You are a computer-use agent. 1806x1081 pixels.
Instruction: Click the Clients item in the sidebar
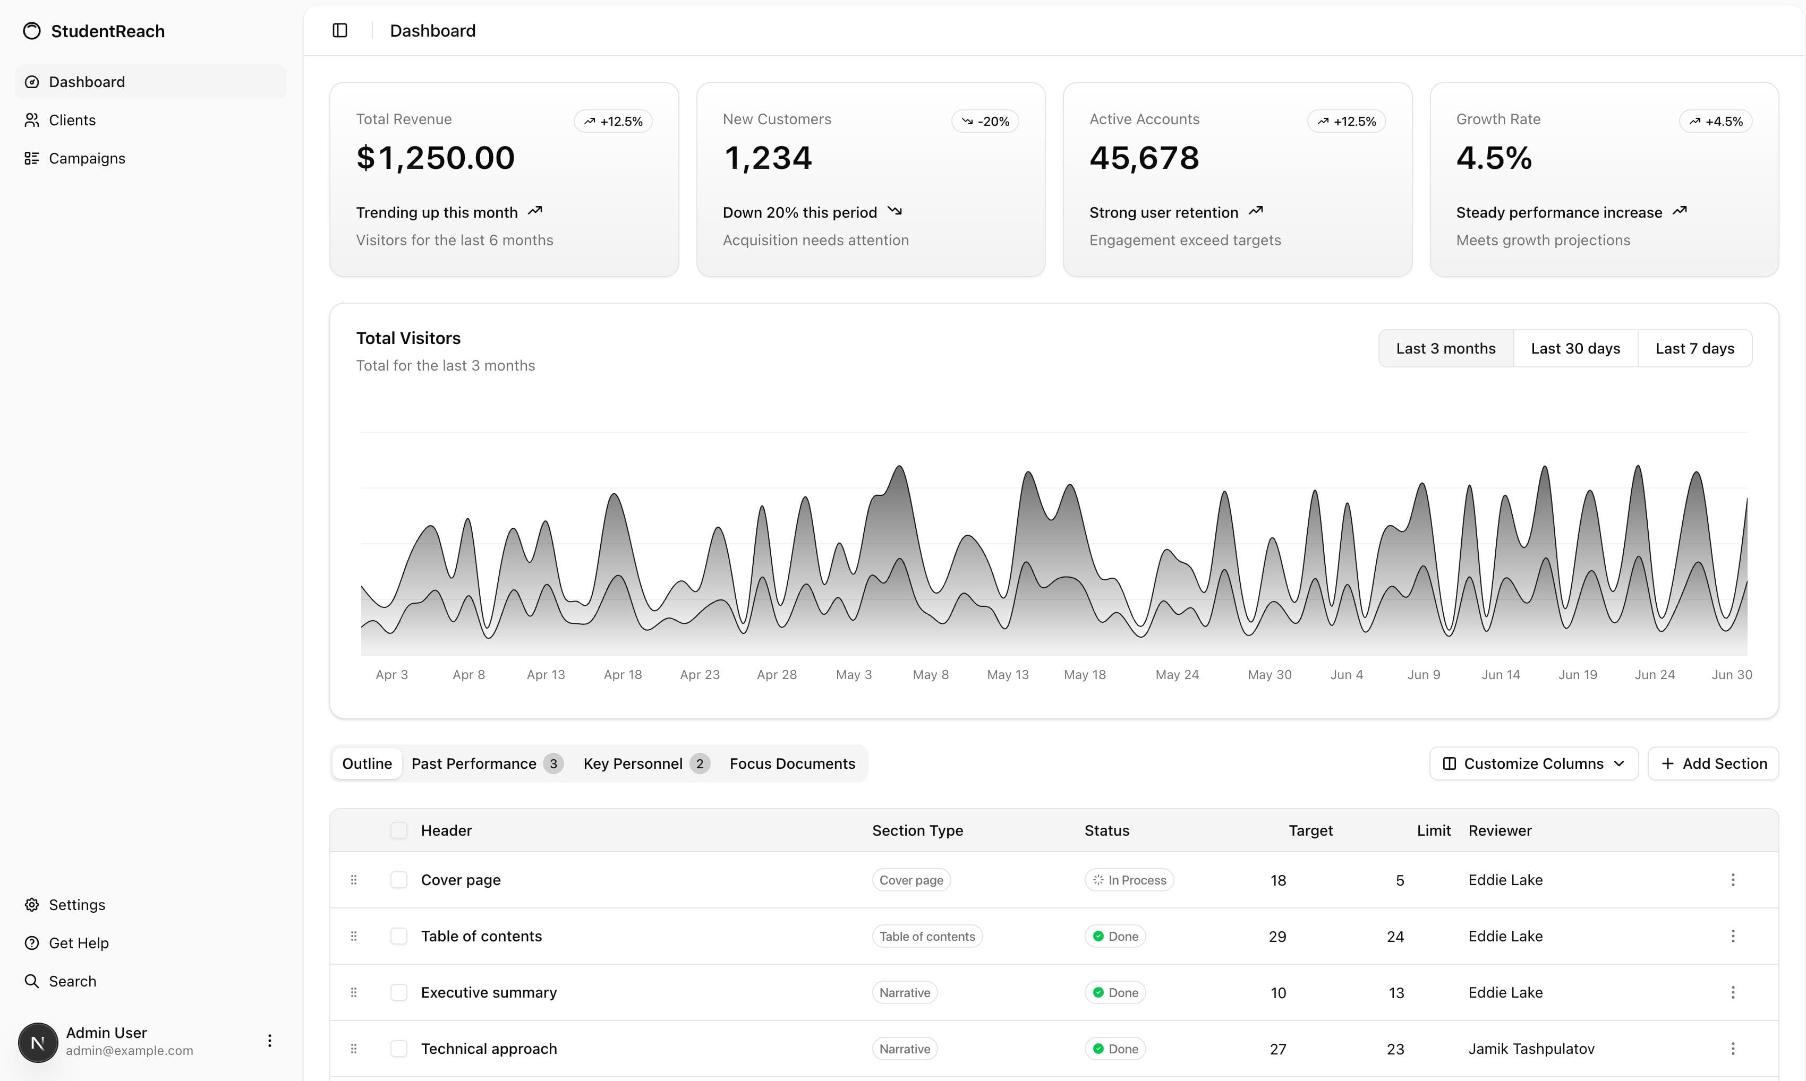72,120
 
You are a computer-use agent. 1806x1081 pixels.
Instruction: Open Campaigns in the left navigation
87,158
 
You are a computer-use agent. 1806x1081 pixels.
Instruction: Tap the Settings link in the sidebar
76,905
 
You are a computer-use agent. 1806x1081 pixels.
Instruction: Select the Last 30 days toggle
1575,348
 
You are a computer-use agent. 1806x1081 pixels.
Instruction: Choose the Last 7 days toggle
1694,348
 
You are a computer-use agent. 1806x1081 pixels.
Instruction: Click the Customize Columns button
1533,763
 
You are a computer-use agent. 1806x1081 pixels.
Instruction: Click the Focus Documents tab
792,763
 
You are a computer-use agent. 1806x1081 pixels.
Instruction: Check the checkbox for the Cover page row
398,880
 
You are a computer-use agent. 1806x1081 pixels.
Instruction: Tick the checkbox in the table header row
398,830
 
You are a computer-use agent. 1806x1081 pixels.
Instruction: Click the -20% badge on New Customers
985,121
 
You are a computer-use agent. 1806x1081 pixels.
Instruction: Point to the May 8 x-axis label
930,674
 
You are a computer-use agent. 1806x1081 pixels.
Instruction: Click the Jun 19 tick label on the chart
1577,674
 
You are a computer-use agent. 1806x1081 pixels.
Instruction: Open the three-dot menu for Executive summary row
1732,992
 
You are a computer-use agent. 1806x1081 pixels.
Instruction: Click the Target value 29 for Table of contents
1277,937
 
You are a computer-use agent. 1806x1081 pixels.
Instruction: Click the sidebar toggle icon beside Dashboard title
339,31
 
